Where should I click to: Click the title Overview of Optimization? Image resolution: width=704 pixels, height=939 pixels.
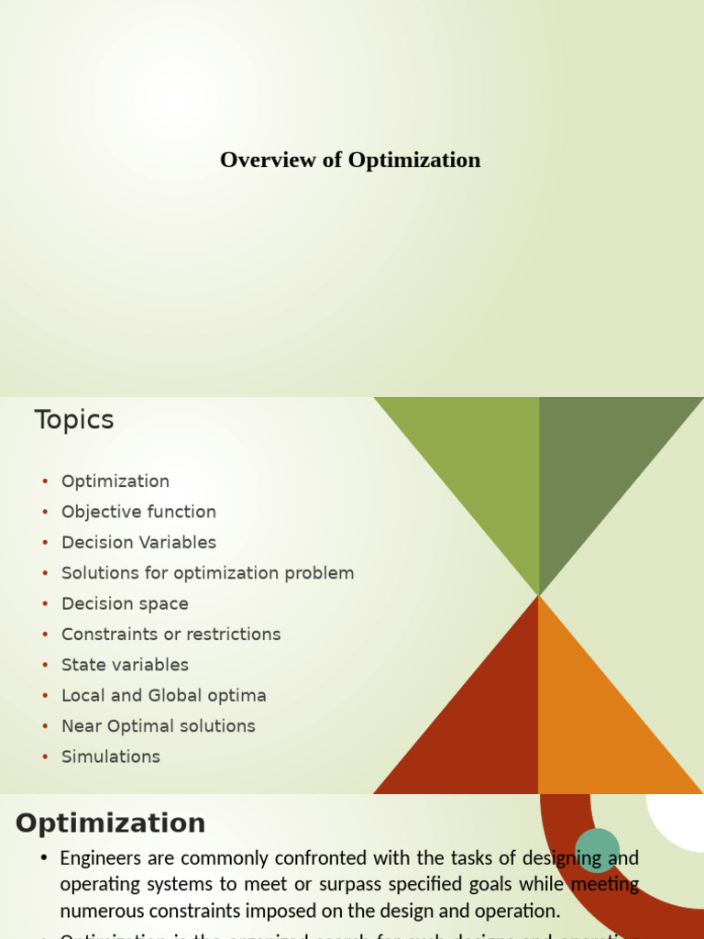[350, 160]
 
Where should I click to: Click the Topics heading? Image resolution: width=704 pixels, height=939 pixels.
[74, 420]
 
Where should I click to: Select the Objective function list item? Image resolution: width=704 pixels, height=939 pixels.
[138, 512]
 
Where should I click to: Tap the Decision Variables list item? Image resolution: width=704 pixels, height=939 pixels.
[138, 542]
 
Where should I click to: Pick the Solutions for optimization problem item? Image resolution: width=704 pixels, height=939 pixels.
[207, 573]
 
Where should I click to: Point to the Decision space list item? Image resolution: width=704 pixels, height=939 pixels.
[125, 603]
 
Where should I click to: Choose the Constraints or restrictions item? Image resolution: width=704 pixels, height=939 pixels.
[170, 634]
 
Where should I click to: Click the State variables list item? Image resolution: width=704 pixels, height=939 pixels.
[125, 665]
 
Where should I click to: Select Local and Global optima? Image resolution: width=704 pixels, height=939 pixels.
[163, 695]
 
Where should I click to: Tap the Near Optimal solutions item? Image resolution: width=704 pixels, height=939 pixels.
[158, 725]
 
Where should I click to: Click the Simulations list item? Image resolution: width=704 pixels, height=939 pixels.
[110, 757]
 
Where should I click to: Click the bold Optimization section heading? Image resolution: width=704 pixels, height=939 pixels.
[110, 823]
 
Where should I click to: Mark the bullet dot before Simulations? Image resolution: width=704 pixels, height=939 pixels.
[45, 757]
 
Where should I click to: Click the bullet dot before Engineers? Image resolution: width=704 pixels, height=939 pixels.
[43, 859]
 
